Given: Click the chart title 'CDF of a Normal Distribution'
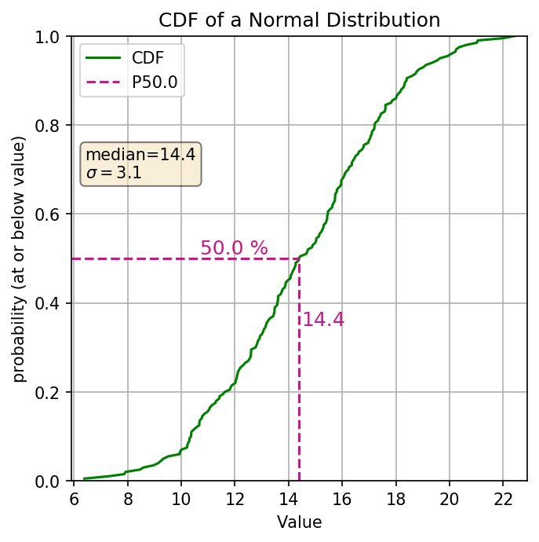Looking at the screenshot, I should tap(299, 19).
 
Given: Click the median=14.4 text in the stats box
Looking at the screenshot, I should tap(140, 155).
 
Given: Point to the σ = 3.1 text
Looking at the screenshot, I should tap(114, 173).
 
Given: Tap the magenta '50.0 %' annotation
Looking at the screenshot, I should tap(234, 248).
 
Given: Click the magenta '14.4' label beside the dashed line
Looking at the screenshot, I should tap(323, 320).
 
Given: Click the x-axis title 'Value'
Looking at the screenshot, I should tap(299, 522).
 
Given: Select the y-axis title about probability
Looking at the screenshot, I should tap(20, 259).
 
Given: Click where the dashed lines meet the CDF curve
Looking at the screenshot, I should tap(299, 258).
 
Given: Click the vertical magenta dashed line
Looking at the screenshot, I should tap(299, 393).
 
